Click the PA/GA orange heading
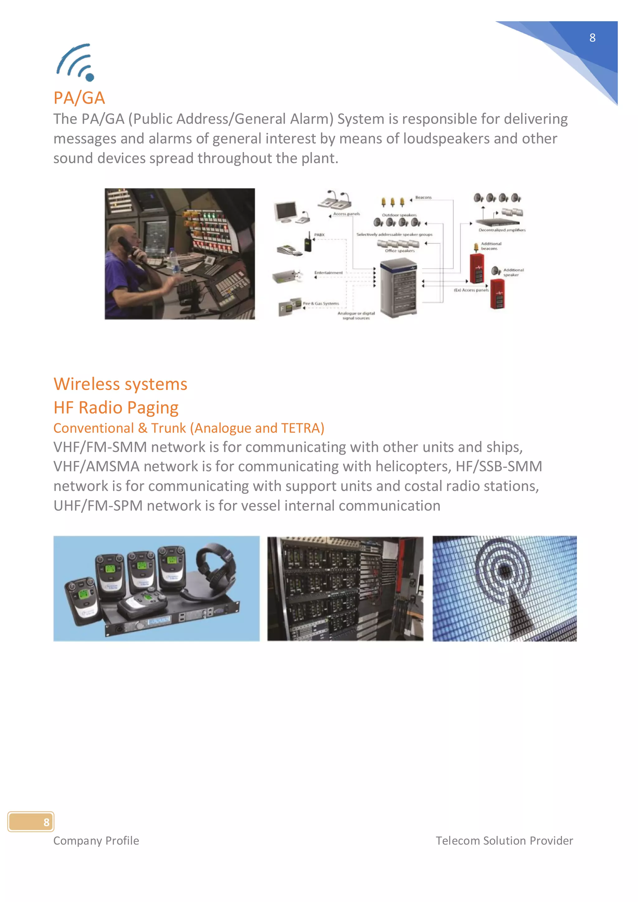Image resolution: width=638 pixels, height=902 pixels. (x=79, y=98)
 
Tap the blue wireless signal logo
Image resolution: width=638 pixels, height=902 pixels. (x=76, y=63)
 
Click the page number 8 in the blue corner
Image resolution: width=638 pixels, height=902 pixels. (x=592, y=38)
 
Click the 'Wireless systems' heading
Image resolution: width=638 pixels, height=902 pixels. (x=120, y=384)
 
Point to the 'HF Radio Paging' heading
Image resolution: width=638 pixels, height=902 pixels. (x=116, y=407)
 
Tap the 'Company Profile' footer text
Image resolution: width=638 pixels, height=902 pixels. (x=96, y=841)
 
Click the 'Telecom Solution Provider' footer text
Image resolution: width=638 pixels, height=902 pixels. (x=504, y=841)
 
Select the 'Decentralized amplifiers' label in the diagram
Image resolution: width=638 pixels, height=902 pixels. (x=502, y=230)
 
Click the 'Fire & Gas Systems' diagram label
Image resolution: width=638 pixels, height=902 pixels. (x=321, y=303)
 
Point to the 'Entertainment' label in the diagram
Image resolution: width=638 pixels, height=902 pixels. (x=328, y=272)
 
